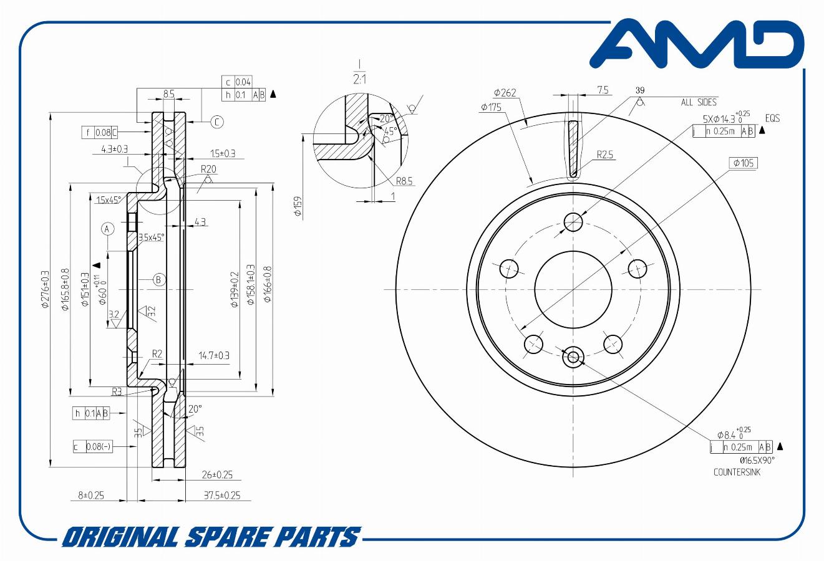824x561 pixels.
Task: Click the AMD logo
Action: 696,45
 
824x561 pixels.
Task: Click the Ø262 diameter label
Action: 505,93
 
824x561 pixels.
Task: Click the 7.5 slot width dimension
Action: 603,90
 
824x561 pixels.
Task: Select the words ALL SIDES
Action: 699,102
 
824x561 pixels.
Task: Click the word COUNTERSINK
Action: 737,472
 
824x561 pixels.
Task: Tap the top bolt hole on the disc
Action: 573,221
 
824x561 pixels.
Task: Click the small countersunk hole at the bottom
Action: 573,357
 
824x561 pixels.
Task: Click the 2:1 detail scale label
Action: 360,79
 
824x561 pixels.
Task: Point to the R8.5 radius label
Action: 404,181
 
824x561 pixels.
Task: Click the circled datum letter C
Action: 216,122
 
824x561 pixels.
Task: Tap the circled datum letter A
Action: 107,229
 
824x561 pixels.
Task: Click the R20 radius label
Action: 208,169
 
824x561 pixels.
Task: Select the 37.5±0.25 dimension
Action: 222,496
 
